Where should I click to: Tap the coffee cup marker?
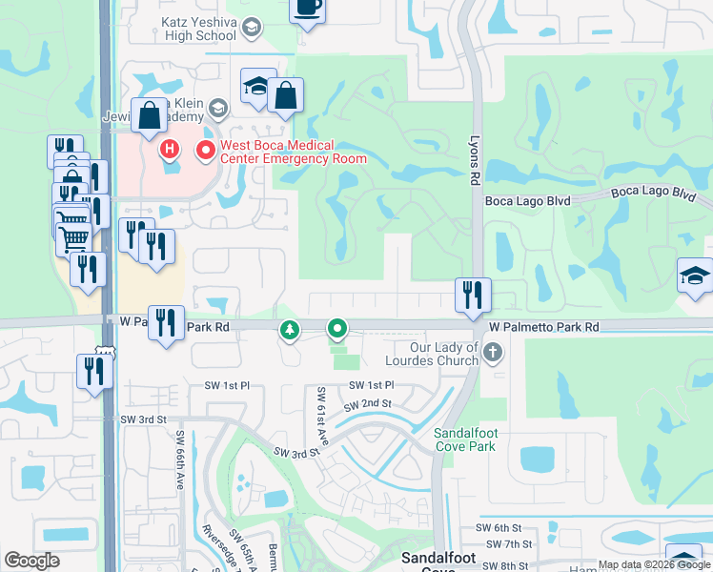[x=307, y=8]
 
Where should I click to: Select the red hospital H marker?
[x=170, y=149]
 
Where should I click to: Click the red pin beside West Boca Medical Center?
[x=204, y=150]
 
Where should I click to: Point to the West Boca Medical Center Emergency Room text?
[x=293, y=152]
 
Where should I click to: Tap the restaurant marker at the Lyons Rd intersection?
[x=472, y=296]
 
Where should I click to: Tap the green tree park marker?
[x=288, y=330]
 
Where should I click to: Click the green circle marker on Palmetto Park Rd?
[x=337, y=330]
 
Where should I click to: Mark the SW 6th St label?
[x=504, y=528]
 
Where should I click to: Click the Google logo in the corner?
[x=31, y=561]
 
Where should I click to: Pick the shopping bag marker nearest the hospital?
[x=151, y=117]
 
